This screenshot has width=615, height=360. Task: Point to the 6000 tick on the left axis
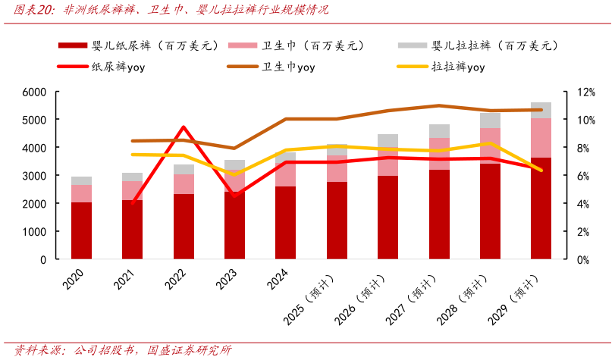click(35, 92)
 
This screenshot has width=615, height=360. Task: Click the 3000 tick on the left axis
click(35, 176)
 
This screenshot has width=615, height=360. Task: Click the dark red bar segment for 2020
click(81, 230)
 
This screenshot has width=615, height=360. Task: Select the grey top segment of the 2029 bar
click(541, 110)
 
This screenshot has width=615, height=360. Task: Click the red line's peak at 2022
click(184, 127)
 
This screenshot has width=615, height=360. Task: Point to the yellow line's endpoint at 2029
click(541, 171)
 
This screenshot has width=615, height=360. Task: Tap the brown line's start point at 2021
click(133, 141)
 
